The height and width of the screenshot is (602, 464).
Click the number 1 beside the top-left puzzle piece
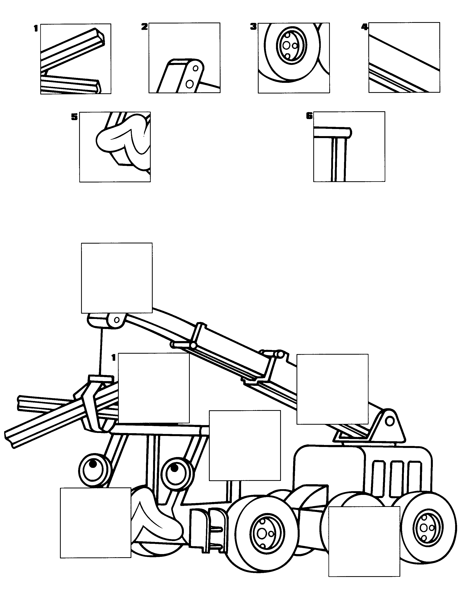pyautogui.click(x=36, y=28)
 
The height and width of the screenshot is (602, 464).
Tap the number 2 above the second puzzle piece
pyautogui.click(x=144, y=27)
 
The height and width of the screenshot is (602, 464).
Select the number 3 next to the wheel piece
pyautogui.click(x=253, y=27)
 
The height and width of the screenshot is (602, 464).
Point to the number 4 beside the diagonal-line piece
pyautogui.click(x=365, y=27)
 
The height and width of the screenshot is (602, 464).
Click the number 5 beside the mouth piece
pyautogui.click(x=74, y=117)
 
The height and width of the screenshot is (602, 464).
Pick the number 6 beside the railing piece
pyautogui.click(x=309, y=116)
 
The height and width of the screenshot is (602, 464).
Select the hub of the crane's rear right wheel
pyautogui.click(x=427, y=528)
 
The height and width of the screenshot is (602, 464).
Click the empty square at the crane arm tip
pyautogui.click(x=117, y=278)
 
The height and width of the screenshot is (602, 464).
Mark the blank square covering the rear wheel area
pyautogui.click(x=364, y=541)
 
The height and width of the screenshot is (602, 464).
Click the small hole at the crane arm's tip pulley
pyautogui.click(x=117, y=320)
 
